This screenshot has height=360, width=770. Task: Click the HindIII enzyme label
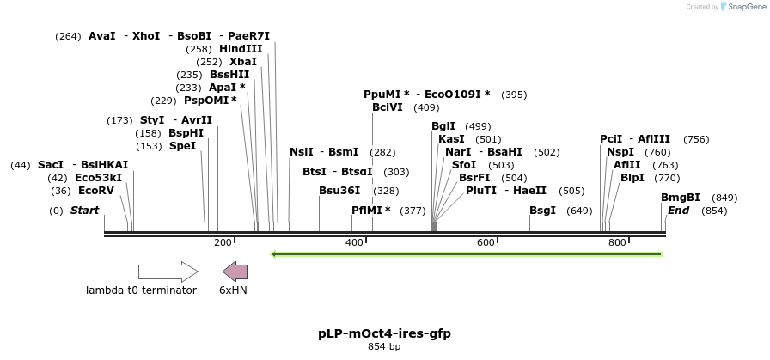point(241,49)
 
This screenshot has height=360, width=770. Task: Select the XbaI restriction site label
point(242,62)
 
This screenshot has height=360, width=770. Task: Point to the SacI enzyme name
point(51,165)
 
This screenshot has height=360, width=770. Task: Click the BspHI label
point(186,133)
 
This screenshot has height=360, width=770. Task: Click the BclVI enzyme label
point(387,107)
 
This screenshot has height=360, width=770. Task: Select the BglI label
point(443,126)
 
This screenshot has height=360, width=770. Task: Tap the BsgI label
point(542,211)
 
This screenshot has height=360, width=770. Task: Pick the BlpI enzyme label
point(632,178)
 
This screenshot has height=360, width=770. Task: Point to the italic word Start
point(84,211)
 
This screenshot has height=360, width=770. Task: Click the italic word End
point(678,211)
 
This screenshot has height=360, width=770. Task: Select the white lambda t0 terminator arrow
point(168,272)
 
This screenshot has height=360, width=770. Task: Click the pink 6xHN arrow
point(235,272)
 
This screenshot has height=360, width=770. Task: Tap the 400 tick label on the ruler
point(354,243)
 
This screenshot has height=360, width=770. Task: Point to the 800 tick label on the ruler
point(617,243)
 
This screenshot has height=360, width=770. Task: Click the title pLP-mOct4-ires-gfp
point(384,333)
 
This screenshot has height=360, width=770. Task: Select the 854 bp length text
point(384,347)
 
